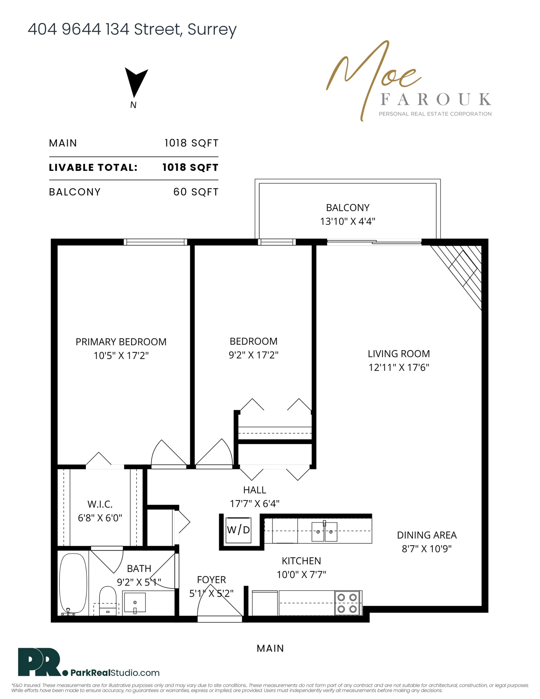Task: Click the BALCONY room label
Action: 348,208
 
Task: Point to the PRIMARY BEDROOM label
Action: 121,342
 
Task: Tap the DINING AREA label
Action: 427,535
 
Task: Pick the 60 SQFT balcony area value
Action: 196,192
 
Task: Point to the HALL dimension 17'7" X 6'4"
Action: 255,504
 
